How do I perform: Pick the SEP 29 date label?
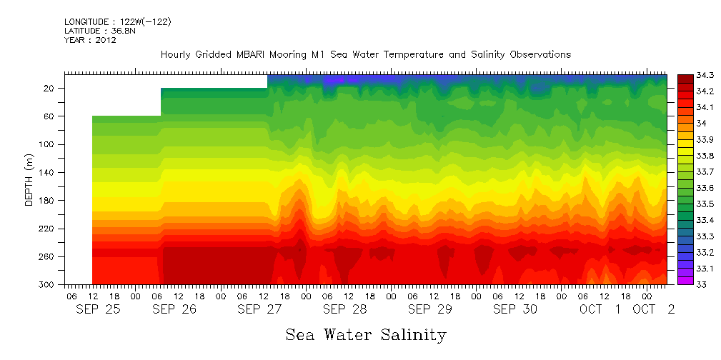429,309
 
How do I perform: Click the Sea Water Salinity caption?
366,334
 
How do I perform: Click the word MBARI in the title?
251,55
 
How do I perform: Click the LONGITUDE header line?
117,22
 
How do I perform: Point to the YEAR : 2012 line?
90,40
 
